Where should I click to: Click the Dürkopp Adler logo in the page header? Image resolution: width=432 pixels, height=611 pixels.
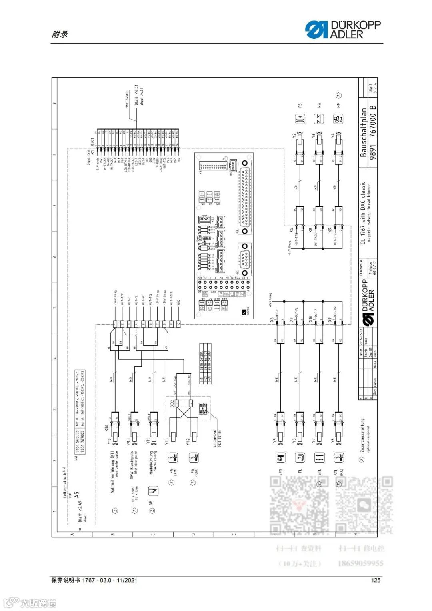pos(343,30)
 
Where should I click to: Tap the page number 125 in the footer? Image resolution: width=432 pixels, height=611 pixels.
pos(376,580)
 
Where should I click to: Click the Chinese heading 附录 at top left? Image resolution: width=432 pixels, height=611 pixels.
pos(60,34)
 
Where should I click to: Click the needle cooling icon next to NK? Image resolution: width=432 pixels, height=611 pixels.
pos(153,491)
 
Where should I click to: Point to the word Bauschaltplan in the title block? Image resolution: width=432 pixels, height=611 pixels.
pos(363,132)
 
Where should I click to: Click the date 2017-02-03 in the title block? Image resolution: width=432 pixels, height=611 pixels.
pos(361,337)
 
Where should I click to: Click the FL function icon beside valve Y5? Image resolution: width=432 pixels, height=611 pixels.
pos(300,457)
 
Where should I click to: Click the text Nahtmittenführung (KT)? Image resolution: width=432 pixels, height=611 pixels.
pos(112,472)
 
